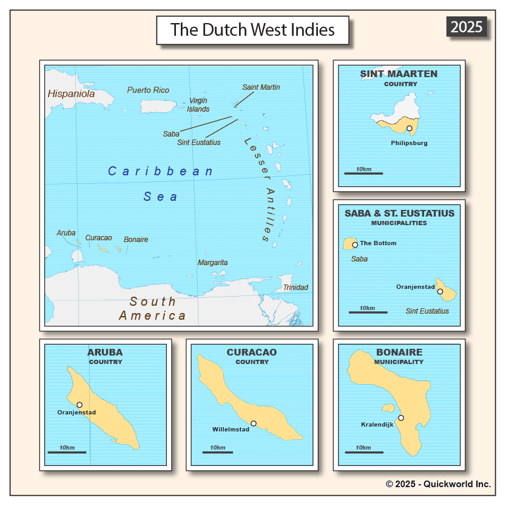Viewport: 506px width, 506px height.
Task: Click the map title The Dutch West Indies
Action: [252, 30]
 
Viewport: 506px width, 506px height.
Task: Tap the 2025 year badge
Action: [467, 27]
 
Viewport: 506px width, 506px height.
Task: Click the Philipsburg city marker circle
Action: [410, 128]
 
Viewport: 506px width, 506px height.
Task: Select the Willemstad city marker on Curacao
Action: [253, 423]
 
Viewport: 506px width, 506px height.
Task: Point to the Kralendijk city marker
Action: [400, 417]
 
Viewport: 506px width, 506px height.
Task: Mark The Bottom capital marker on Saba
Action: [355, 245]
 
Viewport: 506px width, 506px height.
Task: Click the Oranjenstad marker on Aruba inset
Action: [79, 405]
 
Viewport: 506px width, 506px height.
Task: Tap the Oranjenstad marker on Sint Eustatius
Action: [440, 292]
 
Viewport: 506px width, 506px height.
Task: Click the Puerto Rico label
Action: [148, 90]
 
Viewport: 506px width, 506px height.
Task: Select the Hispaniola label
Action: [71, 94]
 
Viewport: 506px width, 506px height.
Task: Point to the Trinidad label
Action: [295, 288]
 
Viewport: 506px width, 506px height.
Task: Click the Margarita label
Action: [212, 263]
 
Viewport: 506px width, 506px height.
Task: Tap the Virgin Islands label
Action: [198, 105]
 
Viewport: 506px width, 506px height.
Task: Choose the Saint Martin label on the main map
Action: [261, 87]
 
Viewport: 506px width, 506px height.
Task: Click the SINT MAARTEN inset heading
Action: [399, 74]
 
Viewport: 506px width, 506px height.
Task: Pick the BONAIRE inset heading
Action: [399, 352]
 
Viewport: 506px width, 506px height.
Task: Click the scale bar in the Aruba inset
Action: [67, 452]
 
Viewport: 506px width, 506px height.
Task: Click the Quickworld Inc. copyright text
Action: [438, 484]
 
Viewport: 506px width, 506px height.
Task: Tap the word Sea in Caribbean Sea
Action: [161, 197]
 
